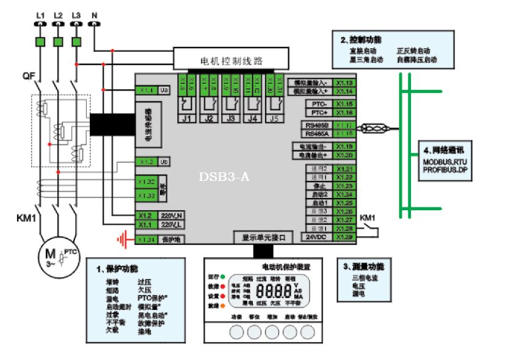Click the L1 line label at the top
(x=40, y=13)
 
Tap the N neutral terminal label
(x=94, y=13)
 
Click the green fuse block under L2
(x=58, y=42)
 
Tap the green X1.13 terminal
(x=345, y=83)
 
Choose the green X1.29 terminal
(x=345, y=237)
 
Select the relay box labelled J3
(x=231, y=118)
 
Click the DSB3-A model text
(x=224, y=177)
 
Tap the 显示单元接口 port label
(x=263, y=237)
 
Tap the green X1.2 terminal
(x=145, y=216)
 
